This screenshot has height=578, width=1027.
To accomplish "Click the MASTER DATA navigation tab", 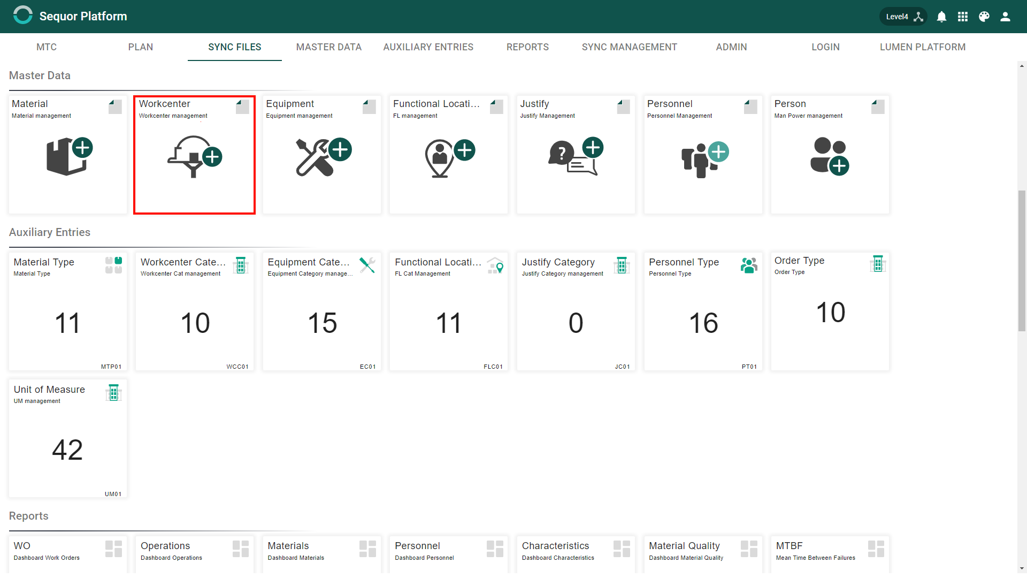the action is point(328,47).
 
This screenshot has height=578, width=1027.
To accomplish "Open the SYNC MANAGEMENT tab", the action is point(629,47).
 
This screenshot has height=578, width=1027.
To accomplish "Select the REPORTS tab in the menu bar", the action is point(527,47).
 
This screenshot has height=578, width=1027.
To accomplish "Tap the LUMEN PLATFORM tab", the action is point(922,47).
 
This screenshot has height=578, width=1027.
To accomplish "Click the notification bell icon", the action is point(941,17).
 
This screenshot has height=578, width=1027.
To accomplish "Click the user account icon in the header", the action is point(1005,17).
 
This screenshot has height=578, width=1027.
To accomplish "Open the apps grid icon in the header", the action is point(963,17).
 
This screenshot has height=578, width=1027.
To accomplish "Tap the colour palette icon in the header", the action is point(984,17).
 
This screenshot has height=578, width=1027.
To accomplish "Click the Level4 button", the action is point(903,17).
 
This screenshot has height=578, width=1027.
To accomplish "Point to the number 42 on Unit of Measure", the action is point(67,450).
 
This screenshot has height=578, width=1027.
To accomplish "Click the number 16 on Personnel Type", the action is point(703,323).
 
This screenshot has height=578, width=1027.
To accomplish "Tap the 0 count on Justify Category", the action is point(576,323).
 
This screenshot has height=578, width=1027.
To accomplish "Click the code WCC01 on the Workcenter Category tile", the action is point(237,367).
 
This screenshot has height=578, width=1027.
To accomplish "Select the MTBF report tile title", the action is point(789,546).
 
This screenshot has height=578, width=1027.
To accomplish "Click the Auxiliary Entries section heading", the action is point(50,232).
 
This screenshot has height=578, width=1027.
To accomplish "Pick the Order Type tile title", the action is point(799,261).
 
